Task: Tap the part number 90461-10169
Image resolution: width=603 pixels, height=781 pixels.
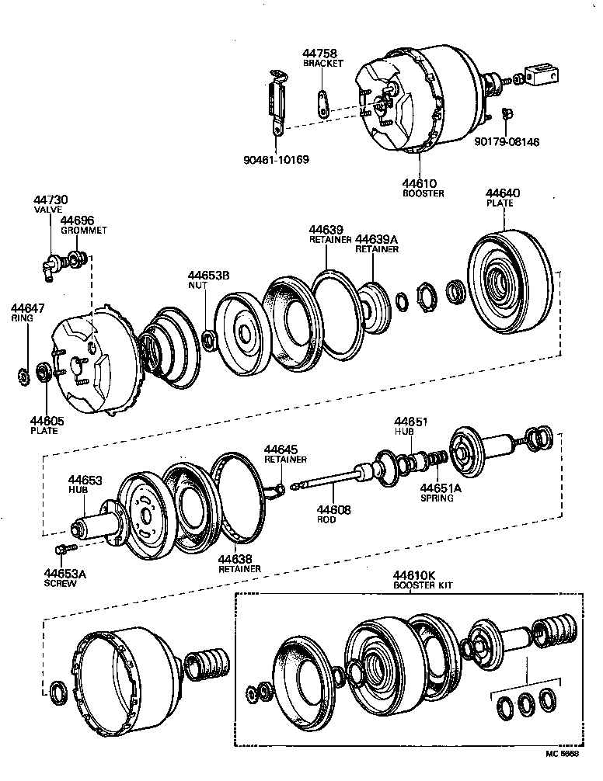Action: (x=275, y=160)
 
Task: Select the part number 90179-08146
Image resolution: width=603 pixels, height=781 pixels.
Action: (x=507, y=142)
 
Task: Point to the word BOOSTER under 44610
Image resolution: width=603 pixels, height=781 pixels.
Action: (x=423, y=193)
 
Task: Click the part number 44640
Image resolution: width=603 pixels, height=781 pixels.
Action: (x=503, y=193)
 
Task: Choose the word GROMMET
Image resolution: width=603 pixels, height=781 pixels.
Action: (x=83, y=231)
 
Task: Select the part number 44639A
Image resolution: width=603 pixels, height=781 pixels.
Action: (x=377, y=239)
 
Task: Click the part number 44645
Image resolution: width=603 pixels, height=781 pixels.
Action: (x=281, y=450)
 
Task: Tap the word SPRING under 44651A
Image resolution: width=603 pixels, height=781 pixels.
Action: (x=437, y=498)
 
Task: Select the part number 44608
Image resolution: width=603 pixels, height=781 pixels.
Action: (x=333, y=509)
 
